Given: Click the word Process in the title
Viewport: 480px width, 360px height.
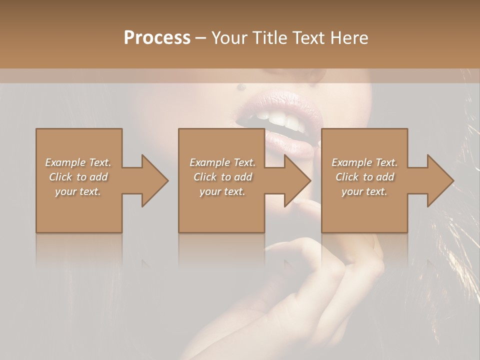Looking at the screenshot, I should [157, 38].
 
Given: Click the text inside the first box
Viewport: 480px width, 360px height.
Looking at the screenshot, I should [78, 177].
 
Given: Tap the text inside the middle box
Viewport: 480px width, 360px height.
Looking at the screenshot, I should [222, 177].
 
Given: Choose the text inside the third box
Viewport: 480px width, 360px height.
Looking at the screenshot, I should [364, 177].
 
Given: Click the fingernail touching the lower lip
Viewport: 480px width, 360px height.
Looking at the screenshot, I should [299, 201].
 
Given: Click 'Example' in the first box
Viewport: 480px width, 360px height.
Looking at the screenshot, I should [65, 162].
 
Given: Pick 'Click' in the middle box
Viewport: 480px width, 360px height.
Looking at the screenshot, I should [204, 177].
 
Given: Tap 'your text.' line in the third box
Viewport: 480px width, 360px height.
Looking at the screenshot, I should [364, 191].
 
